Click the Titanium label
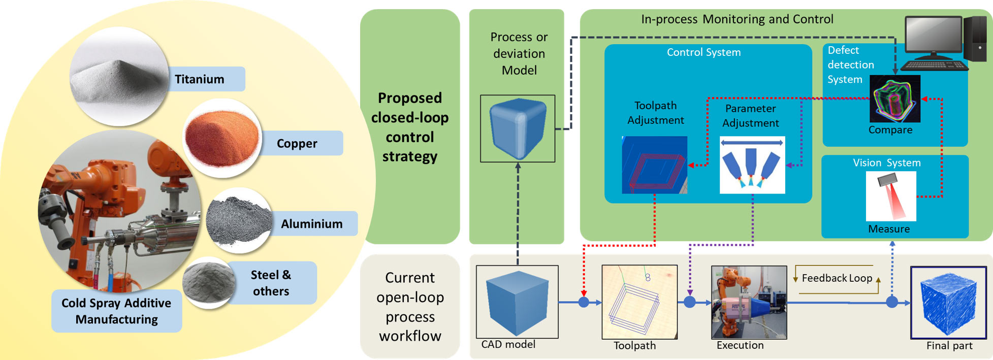coord(200,79)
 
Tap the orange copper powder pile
coord(222,138)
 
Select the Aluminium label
coord(311,224)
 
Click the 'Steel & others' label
coord(271,283)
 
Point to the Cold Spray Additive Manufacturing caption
coord(116,311)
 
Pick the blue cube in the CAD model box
coord(517,302)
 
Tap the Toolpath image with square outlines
coord(639,302)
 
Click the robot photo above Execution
coord(749,302)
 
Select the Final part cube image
coord(948,302)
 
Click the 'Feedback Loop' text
coord(837,278)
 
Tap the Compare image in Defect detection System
coord(894,99)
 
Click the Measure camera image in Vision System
coord(890,196)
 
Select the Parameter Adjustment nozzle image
coord(752,165)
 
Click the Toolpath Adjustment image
coord(654,165)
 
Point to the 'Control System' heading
coord(703,52)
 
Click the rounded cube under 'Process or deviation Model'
coord(518,128)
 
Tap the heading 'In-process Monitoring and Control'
coord(737,19)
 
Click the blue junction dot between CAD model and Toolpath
coord(584,303)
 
